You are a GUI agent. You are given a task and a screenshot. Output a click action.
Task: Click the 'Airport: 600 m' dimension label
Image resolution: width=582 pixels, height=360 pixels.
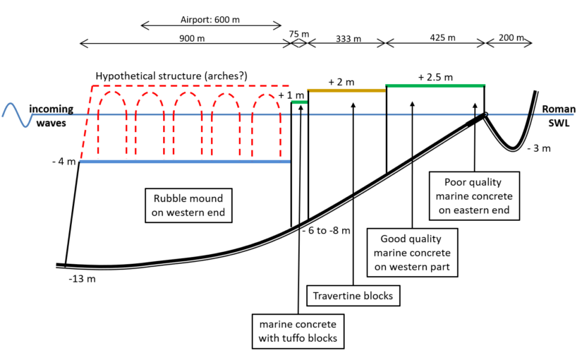[210, 19]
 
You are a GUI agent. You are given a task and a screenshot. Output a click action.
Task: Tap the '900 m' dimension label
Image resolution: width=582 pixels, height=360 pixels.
[192, 38]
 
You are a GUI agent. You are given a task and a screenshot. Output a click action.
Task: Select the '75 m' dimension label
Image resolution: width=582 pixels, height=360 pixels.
[299, 34]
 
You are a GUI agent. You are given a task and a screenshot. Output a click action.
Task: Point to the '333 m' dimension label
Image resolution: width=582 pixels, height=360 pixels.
[348, 39]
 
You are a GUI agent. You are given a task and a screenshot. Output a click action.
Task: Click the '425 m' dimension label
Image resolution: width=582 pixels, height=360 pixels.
[442, 37]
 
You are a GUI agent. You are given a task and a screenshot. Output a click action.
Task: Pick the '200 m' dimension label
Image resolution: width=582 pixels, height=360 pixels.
[511, 37]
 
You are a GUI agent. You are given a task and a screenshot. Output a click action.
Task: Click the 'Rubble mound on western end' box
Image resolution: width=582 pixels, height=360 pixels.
[188, 205]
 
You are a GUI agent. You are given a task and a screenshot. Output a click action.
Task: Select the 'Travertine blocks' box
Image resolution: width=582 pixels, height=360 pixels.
[353, 296]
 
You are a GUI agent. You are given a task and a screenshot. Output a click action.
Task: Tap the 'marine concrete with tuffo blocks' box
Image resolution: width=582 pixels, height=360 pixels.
[298, 331]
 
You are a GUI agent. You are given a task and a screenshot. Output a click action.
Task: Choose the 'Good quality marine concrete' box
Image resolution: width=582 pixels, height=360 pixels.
[412, 253]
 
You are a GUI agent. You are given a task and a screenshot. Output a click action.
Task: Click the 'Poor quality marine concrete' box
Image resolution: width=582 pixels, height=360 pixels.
[474, 196]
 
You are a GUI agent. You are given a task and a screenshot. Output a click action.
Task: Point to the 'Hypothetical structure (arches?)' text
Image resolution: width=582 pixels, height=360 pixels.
[171, 76]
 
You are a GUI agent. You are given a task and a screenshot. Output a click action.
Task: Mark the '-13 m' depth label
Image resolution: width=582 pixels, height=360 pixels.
[82, 279]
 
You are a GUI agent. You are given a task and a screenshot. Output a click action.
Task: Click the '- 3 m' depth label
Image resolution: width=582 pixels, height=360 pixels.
[539, 148]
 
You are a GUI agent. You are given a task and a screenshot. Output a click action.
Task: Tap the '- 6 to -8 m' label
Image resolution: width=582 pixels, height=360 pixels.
[326, 231]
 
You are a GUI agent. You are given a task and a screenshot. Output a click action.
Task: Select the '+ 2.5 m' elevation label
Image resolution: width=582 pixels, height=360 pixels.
[435, 77]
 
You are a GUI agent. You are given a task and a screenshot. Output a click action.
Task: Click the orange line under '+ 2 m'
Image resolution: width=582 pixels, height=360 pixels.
[347, 90]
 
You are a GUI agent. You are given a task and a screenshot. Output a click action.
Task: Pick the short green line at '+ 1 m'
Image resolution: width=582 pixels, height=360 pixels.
[300, 102]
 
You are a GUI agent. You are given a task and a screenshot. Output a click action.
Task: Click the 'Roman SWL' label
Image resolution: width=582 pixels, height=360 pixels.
[559, 116]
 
